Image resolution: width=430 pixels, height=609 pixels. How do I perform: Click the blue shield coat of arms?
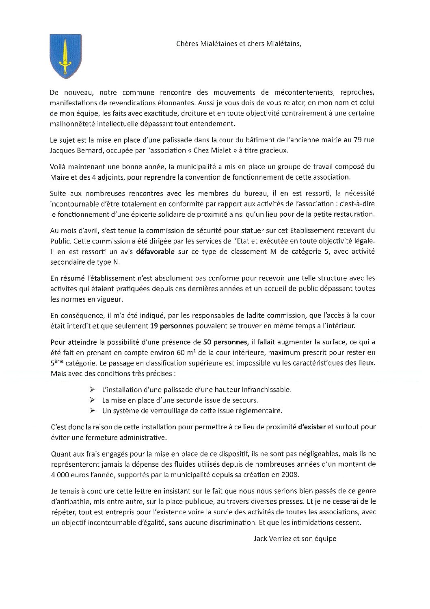click(x=63, y=54)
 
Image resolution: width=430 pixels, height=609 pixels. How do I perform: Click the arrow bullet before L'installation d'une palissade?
click(x=93, y=389)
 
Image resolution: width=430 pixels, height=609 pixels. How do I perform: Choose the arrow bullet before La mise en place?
click(x=93, y=400)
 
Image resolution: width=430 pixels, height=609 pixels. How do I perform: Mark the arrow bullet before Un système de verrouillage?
click(x=93, y=411)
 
